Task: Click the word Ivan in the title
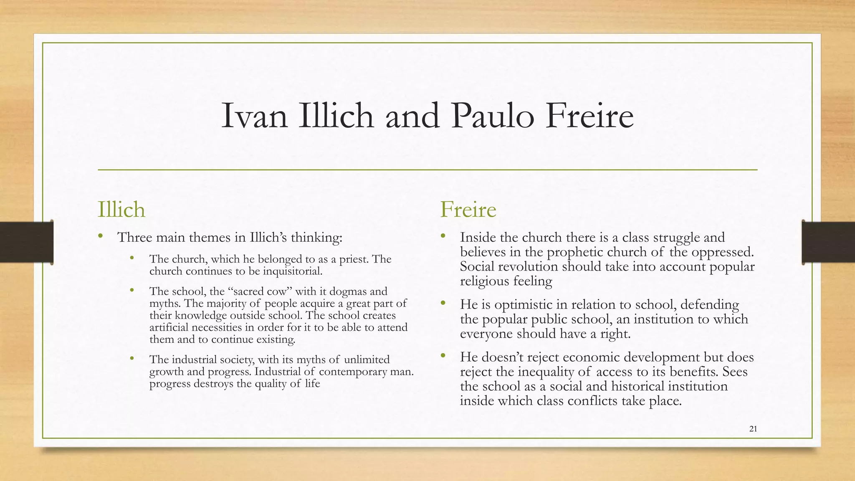(x=254, y=116)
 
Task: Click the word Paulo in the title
(x=493, y=116)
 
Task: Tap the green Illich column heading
(x=121, y=209)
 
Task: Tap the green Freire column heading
(x=468, y=209)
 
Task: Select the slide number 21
(x=753, y=429)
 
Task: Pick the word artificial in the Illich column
(x=169, y=327)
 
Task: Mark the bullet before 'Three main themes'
(x=100, y=237)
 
